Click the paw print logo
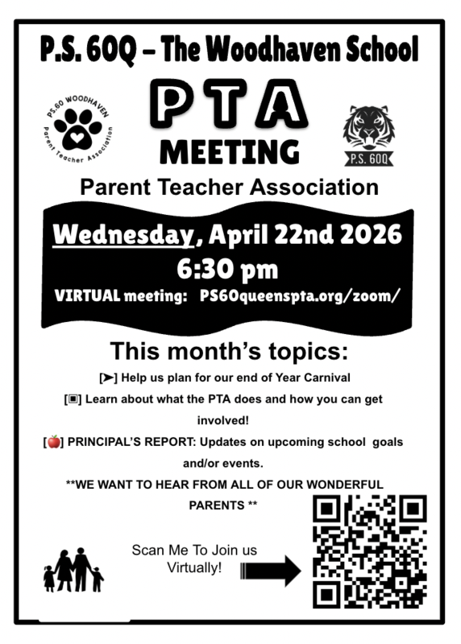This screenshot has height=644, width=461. (77, 128)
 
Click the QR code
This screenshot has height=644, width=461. (369, 551)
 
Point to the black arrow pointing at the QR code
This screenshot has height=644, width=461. (271, 570)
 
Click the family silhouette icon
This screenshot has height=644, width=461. (73, 570)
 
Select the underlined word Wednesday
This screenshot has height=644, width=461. (123, 236)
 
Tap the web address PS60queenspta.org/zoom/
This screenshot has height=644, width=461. (299, 295)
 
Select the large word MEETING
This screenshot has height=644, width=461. (229, 151)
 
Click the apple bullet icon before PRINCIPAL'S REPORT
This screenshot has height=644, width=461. (54, 441)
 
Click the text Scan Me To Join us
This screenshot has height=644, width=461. (194, 551)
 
